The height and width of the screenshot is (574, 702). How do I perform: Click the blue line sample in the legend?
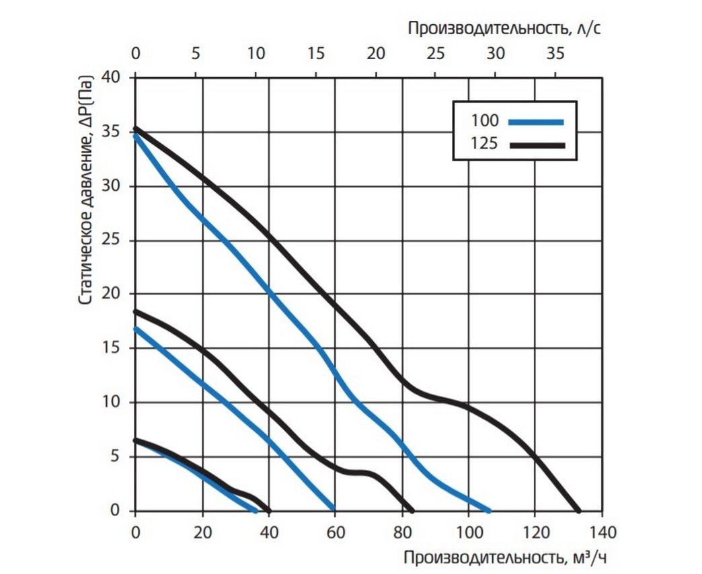[x=535, y=122]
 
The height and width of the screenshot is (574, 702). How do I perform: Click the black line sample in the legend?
[x=535, y=144]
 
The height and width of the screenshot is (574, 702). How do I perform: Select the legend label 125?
[x=485, y=144]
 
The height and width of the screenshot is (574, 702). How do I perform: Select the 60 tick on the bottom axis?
[x=334, y=532]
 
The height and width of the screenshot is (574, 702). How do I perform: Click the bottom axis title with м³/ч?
[x=509, y=557]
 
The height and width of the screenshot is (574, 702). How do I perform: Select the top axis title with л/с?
[x=504, y=28]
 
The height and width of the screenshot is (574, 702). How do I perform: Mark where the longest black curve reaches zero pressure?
[x=578, y=510]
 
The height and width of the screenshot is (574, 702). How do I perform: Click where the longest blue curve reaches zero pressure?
[x=489, y=510]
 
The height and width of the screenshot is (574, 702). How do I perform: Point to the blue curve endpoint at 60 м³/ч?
[x=334, y=509]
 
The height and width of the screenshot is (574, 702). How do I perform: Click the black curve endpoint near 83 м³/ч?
[x=412, y=509]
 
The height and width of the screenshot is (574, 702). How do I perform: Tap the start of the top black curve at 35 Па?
[x=136, y=128]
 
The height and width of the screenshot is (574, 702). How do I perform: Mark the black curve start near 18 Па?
[x=136, y=311]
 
